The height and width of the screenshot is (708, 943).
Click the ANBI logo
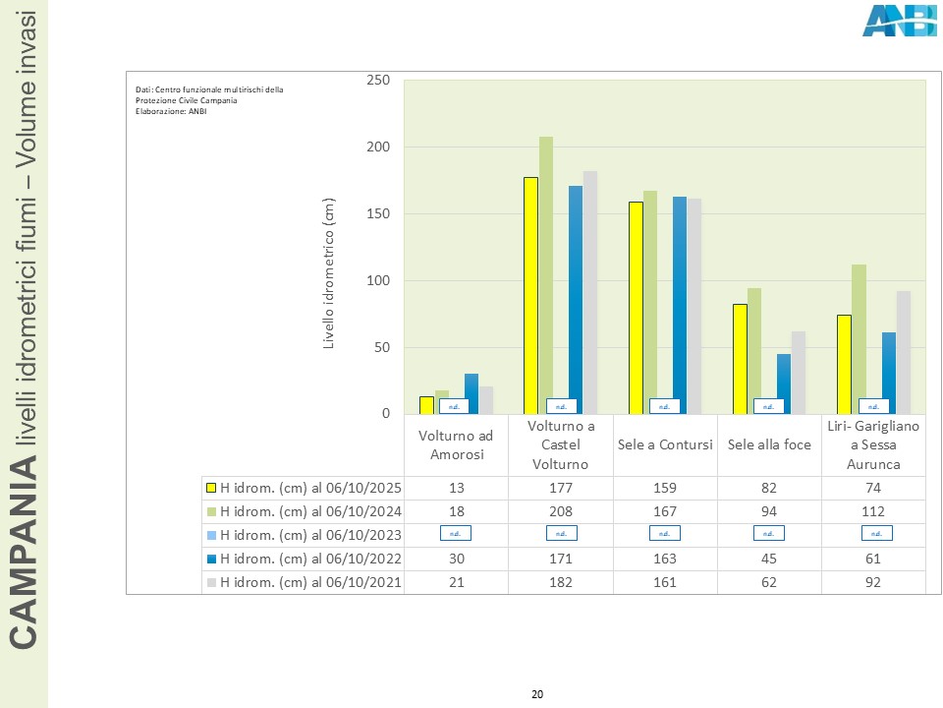[x=899, y=21]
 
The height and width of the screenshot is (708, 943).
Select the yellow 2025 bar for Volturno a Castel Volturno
[x=530, y=295]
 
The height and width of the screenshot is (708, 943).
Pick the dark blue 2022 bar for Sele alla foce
[x=784, y=383]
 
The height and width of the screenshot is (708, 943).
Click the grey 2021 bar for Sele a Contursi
[x=694, y=306]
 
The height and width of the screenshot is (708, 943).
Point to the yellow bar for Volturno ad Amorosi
[x=426, y=405]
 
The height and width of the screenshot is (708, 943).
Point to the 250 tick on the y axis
[x=378, y=81]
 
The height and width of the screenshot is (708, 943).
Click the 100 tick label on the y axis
[x=378, y=281]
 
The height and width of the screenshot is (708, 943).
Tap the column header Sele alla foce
[x=769, y=444]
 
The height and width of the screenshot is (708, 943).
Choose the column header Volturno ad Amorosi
[x=456, y=444]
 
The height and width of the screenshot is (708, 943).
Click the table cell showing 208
[x=561, y=511]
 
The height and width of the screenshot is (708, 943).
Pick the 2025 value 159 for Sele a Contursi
[x=665, y=488]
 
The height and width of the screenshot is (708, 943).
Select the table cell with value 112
[x=873, y=511]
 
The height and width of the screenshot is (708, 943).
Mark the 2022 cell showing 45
[x=769, y=559]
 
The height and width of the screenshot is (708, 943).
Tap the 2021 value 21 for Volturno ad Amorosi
[x=456, y=582]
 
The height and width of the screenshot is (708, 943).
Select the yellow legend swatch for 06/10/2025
[x=211, y=488]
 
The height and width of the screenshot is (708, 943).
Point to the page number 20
[x=536, y=695]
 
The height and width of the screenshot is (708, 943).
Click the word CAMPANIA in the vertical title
[x=25, y=561]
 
